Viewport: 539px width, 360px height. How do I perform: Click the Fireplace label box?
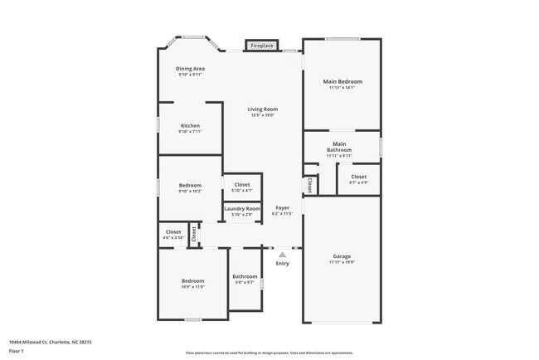click(x=261, y=46)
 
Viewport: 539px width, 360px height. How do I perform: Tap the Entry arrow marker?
click(x=283, y=255)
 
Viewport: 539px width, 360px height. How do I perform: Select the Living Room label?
click(x=264, y=109)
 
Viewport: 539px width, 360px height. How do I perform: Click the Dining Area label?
click(x=190, y=68)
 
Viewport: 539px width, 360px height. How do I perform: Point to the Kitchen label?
click(x=190, y=125)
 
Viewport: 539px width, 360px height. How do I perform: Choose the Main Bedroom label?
click(x=342, y=81)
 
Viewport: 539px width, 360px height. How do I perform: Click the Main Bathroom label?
click(x=339, y=147)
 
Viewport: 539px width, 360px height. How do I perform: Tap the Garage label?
click(x=342, y=256)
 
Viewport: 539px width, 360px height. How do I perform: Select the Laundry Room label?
click(x=242, y=208)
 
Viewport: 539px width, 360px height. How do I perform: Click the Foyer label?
click(x=283, y=208)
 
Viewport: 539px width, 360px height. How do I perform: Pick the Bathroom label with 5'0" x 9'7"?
click(x=245, y=276)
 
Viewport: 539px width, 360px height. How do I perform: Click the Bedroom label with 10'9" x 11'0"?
click(x=192, y=281)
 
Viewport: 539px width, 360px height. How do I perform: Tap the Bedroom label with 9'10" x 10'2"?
click(x=190, y=185)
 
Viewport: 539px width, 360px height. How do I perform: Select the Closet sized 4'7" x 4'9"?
click(x=358, y=177)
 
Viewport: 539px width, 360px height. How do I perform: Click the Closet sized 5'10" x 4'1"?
click(x=242, y=185)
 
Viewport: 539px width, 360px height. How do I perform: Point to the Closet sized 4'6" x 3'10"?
click(x=173, y=232)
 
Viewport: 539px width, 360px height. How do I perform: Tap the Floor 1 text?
click(x=17, y=351)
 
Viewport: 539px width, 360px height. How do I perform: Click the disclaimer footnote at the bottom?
click(x=269, y=353)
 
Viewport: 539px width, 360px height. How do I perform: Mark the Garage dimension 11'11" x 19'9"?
click(x=342, y=262)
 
